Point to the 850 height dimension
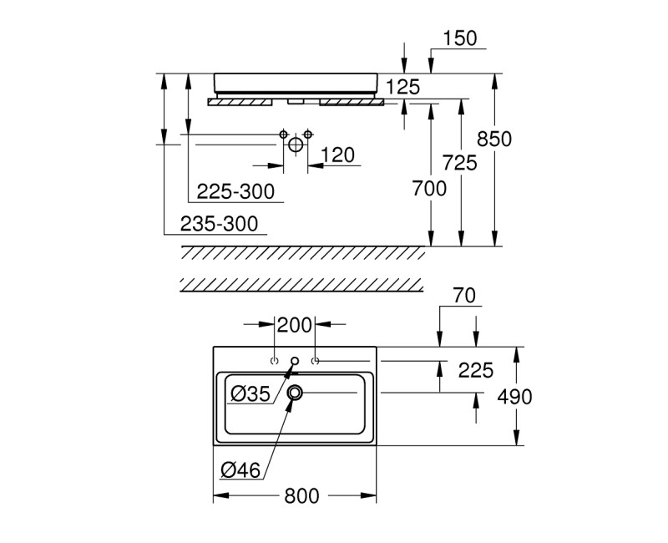coord(519,139)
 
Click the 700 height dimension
coord(430,189)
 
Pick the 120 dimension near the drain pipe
coord(337,155)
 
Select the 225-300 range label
coord(235,191)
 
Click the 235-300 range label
coord(219,223)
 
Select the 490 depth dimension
coord(514,397)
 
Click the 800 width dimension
coord(301,495)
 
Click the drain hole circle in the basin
coord(296,392)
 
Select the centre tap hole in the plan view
coord(295,361)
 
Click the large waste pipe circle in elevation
coord(296,145)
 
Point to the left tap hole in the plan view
coord(275,361)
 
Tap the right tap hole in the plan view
coord(315,361)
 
